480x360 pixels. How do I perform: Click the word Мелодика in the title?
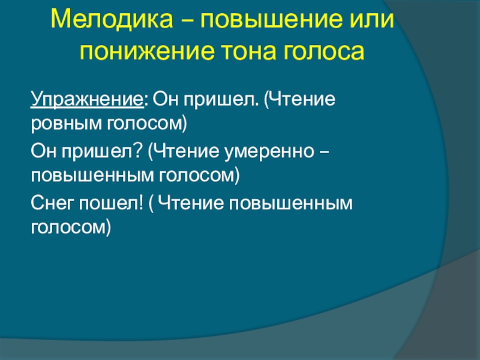pyautogui.click(x=112, y=20)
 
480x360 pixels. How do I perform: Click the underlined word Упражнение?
pyautogui.click(x=87, y=100)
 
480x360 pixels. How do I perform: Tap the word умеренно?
pyautogui.click(x=269, y=152)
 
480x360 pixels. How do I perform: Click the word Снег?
pyautogui.click(x=52, y=203)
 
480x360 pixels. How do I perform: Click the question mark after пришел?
pyautogui.click(x=139, y=151)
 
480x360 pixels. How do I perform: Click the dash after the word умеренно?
pyautogui.click(x=325, y=152)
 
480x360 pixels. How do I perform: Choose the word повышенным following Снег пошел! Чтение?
pyautogui.click(x=291, y=203)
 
